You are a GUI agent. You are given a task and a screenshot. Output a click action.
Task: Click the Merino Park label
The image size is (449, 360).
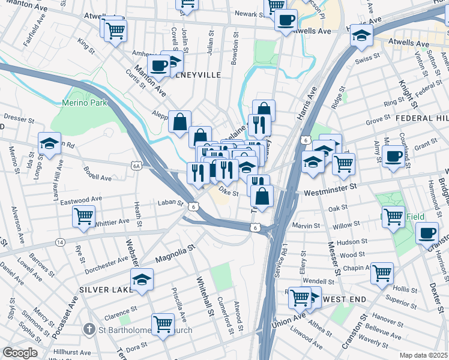pyautogui.click(x=84, y=103)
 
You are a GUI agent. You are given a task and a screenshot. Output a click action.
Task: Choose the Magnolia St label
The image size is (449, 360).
pyautogui.click(x=175, y=253)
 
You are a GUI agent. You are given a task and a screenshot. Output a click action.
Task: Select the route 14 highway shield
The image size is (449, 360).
pyautogui.click(x=59, y=242)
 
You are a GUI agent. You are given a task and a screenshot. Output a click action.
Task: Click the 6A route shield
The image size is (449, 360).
pyautogui.click(x=136, y=164)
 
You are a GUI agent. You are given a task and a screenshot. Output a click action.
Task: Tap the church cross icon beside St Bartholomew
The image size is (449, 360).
pyautogui.click(x=88, y=329)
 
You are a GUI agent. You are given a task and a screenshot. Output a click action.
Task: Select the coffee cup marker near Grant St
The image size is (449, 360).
pyautogui.click(x=394, y=157)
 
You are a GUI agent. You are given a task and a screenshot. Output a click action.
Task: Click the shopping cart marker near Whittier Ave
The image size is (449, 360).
pyautogui.click(x=83, y=215)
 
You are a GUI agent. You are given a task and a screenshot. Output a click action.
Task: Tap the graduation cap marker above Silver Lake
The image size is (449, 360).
pyautogui.click(x=141, y=279)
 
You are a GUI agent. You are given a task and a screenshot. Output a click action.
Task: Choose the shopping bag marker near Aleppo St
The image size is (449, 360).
pyautogui.click(x=179, y=122)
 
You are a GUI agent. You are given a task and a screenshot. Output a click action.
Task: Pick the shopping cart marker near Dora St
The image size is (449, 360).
pyautogui.click(x=163, y=324)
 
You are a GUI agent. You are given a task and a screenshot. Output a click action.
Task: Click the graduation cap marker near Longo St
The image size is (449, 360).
pyautogui.click(x=49, y=142)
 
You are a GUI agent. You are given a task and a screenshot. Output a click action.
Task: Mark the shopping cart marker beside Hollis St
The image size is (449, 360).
pyautogui.click(x=381, y=273)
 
